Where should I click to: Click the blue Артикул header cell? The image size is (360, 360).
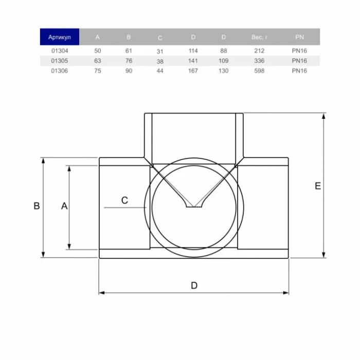(60, 37)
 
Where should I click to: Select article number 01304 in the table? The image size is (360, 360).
(60, 51)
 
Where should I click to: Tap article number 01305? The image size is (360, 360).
(60, 61)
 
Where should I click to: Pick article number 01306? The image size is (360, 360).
(60, 71)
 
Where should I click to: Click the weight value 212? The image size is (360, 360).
(259, 51)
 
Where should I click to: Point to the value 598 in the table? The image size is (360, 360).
(259, 71)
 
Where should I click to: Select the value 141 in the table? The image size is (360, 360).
(193, 61)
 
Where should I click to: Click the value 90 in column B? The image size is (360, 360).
(129, 71)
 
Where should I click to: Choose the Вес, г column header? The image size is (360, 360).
(259, 37)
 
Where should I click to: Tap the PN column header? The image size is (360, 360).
(300, 37)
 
